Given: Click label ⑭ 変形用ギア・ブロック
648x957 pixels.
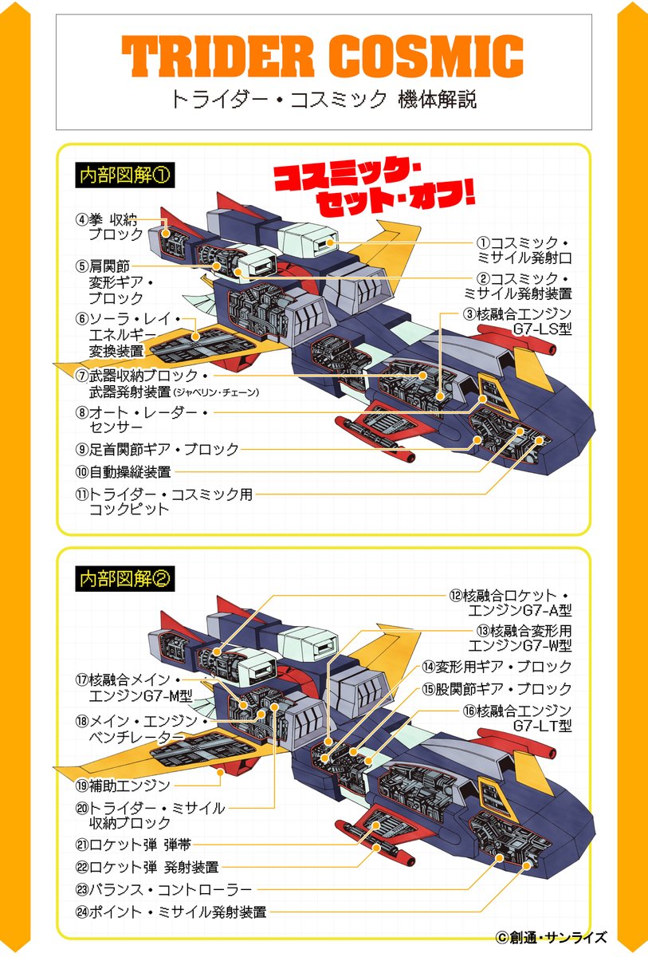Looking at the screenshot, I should pos(497,666).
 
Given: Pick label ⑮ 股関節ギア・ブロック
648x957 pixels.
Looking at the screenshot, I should pos(497,688).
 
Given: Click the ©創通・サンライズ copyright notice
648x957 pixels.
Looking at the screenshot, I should pos(551,937).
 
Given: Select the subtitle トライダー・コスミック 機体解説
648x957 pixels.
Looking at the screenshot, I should pos(323,100).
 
